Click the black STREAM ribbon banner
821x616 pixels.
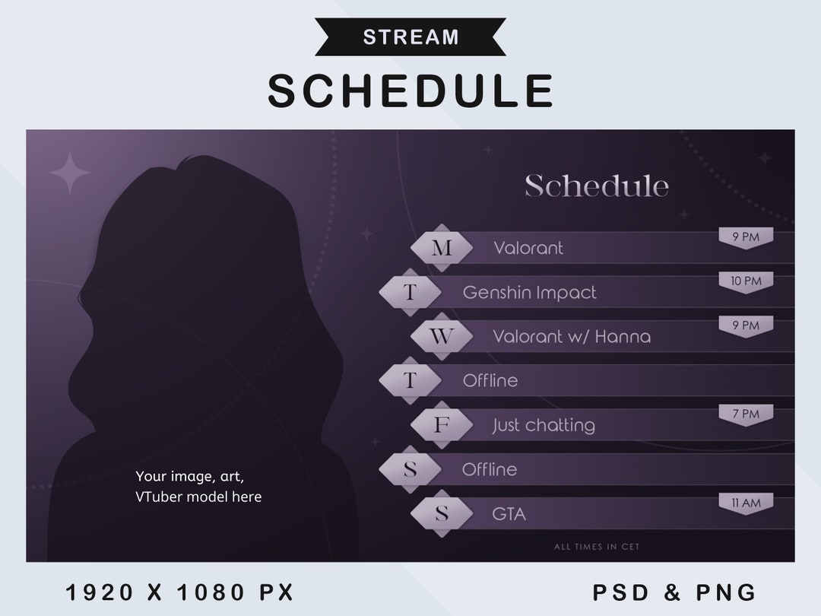click(x=410, y=37)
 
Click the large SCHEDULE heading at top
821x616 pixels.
click(x=410, y=90)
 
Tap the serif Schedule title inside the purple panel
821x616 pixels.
click(x=597, y=186)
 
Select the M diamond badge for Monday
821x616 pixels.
click(x=442, y=248)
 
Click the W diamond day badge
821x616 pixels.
click(x=442, y=337)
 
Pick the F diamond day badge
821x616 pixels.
click(x=442, y=425)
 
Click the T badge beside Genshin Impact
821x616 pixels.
click(x=410, y=292)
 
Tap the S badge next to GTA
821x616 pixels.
click(x=442, y=514)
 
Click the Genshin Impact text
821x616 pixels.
click(x=530, y=293)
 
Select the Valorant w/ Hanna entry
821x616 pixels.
click(x=572, y=337)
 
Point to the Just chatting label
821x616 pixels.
click(x=544, y=425)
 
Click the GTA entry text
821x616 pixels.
click(x=509, y=514)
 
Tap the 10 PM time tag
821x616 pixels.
click(x=746, y=282)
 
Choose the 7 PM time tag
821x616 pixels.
click(x=746, y=415)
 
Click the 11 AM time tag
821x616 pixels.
click(x=746, y=503)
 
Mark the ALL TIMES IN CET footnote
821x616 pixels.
click(x=597, y=547)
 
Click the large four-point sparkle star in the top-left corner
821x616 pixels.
click(x=70, y=173)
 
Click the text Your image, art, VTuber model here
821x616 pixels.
click(x=198, y=487)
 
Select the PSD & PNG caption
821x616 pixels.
click(x=674, y=592)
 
